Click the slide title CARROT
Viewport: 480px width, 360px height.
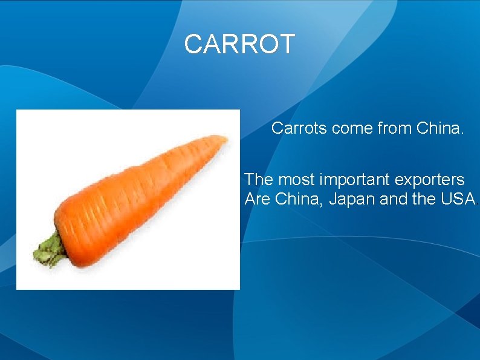[239, 44]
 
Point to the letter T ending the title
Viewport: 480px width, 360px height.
[286, 44]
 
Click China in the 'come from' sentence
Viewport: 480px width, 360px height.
[437, 128]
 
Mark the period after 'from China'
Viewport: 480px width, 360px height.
[462, 133]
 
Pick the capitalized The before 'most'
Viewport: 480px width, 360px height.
[259, 180]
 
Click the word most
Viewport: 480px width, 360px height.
[296, 180]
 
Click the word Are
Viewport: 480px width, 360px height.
[258, 198]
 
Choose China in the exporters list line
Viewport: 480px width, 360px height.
[299, 198]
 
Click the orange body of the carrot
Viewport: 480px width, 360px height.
[133, 200]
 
